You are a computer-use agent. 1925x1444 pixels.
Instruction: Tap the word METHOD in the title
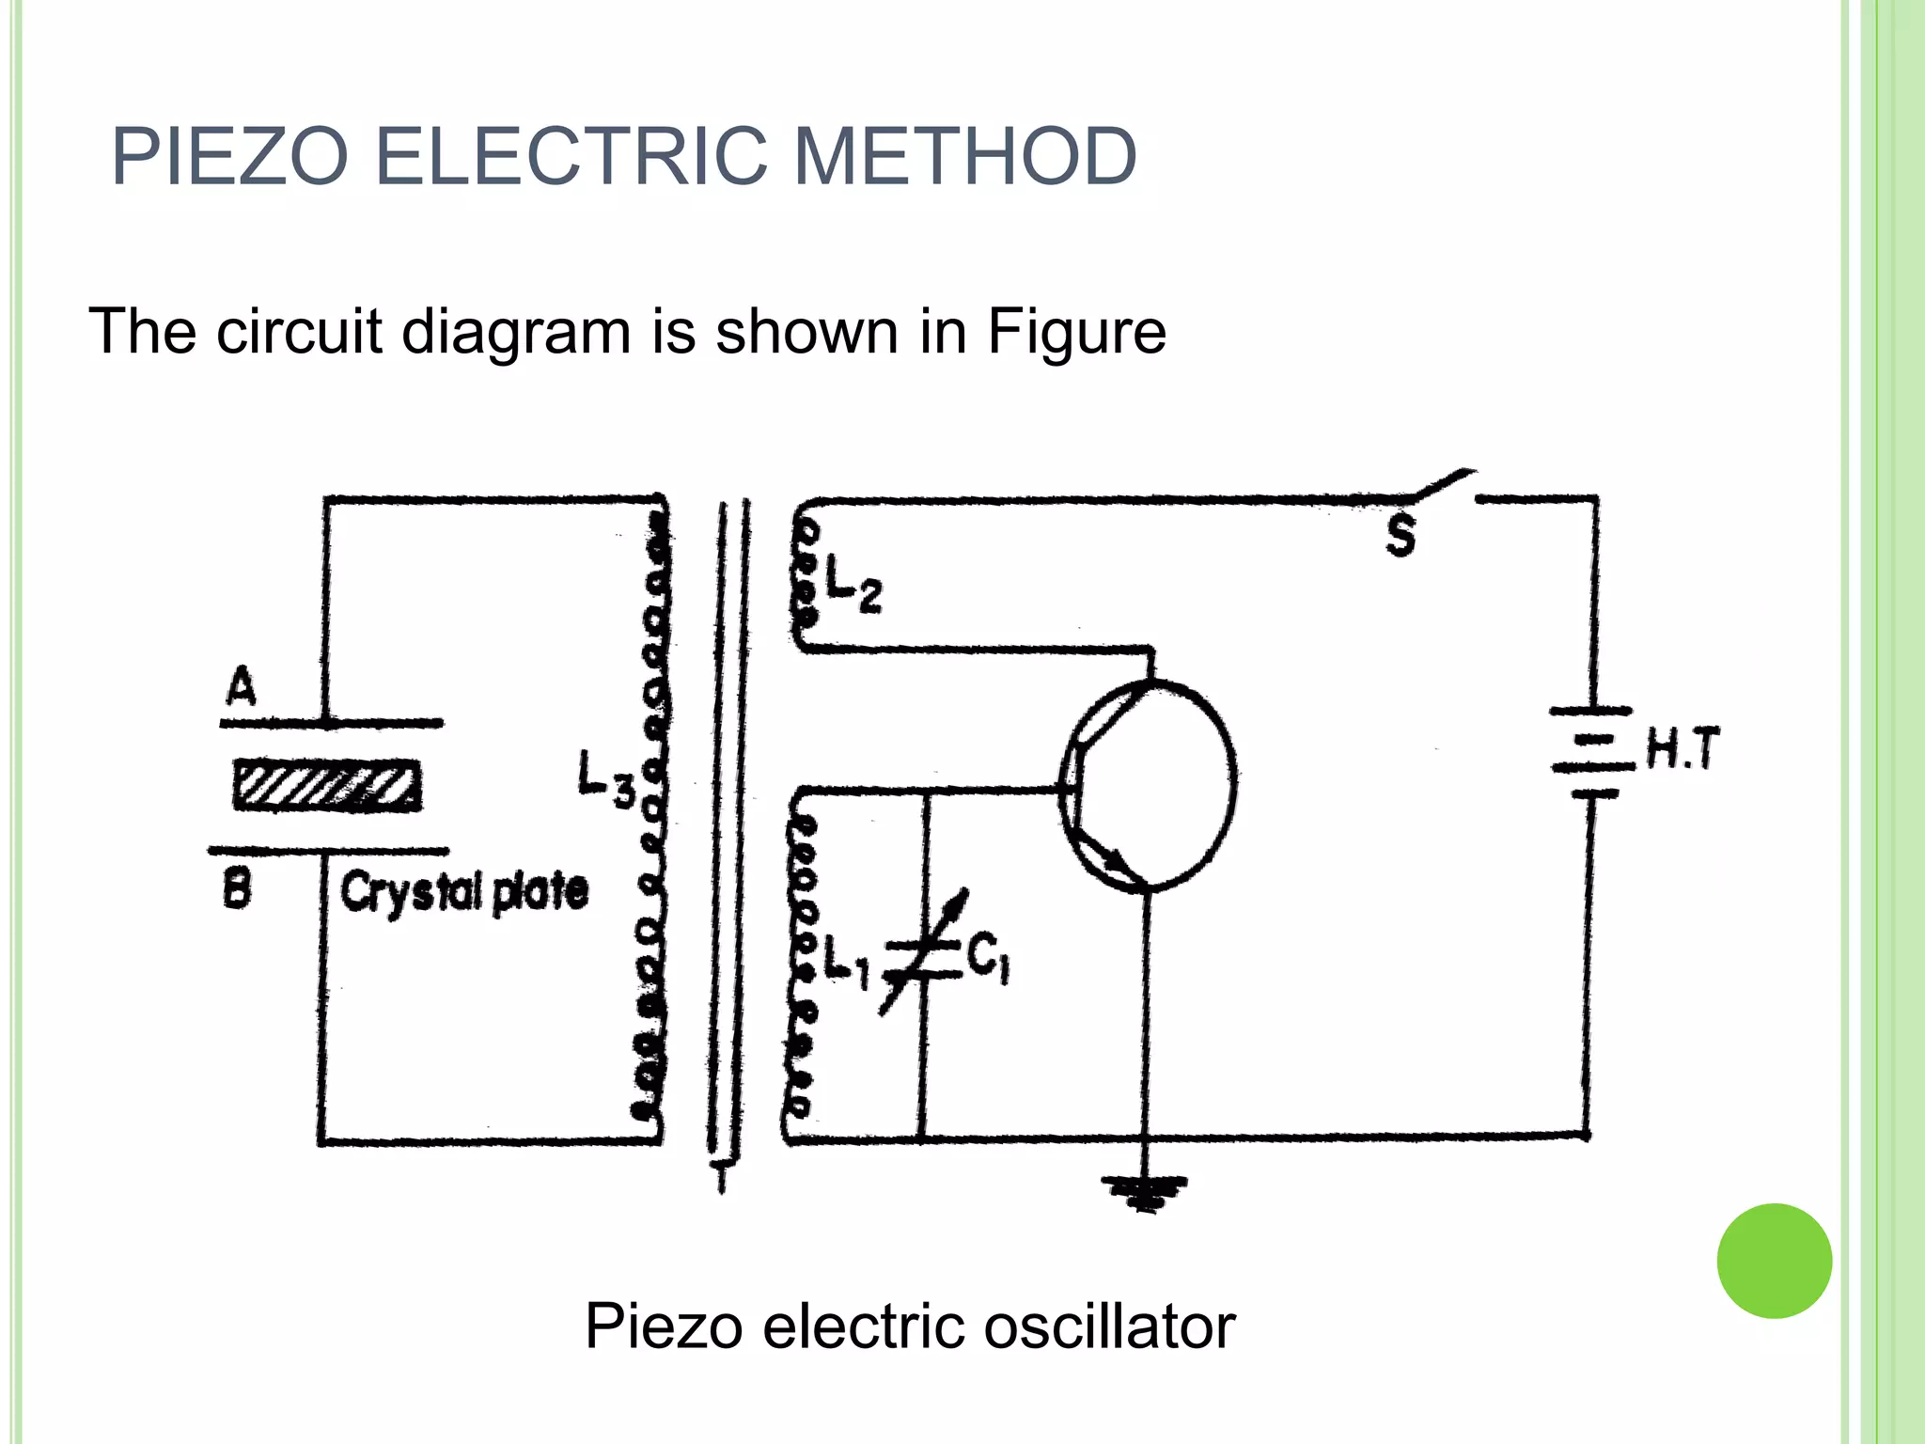[965, 157]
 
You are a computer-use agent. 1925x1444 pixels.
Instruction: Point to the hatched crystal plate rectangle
[326, 786]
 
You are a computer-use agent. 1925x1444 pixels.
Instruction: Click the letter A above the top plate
[241, 687]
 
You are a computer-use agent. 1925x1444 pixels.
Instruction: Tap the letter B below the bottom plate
[237, 888]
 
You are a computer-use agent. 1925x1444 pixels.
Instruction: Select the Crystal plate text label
[463, 890]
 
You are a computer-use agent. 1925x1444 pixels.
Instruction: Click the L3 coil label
[604, 779]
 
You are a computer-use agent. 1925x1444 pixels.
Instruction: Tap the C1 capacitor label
[987, 959]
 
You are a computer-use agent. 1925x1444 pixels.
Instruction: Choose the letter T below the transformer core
[721, 1175]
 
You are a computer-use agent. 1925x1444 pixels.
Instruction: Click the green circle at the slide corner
[1774, 1261]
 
